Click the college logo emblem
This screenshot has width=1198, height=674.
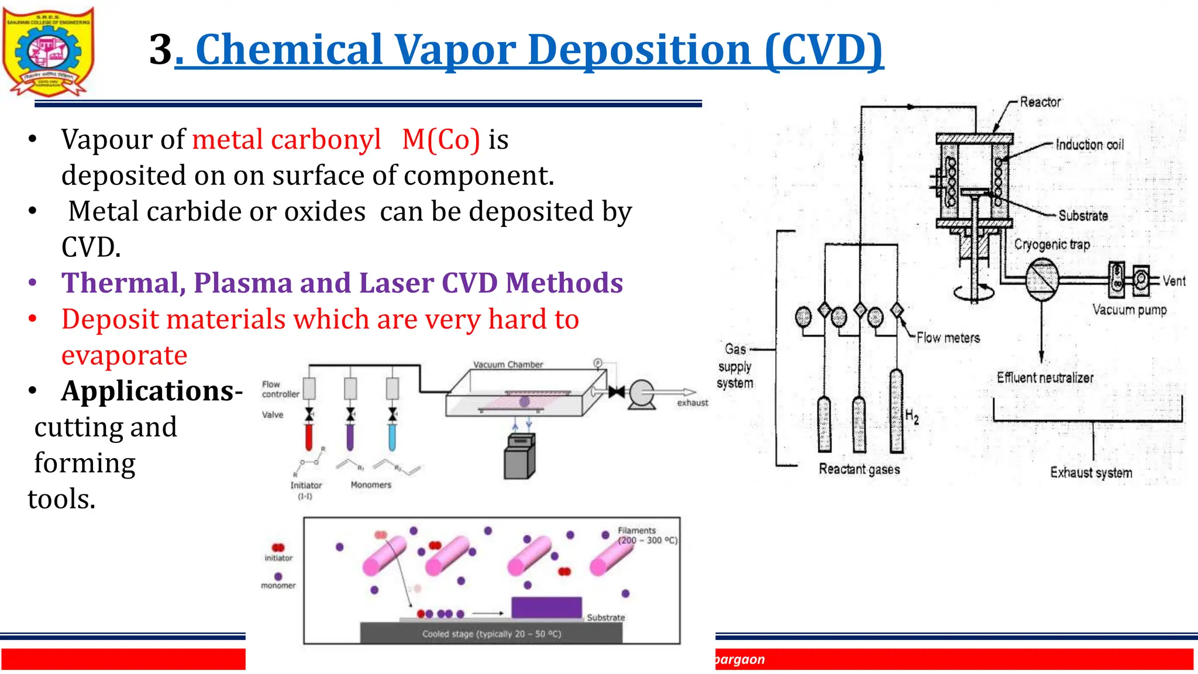click(48, 51)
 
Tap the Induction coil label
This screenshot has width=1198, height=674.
click(1089, 145)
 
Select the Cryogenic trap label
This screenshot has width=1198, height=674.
click(1052, 244)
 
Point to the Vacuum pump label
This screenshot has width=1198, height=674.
click(1129, 310)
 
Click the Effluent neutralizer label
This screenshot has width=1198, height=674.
click(1045, 377)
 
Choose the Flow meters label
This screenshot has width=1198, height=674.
click(948, 338)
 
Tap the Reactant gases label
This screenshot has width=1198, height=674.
click(859, 469)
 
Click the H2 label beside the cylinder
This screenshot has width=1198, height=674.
click(912, 417)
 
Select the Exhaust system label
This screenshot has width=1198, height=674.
click(1090, 472)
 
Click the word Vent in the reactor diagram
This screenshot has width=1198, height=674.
click(1173, 281)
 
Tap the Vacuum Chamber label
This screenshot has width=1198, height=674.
click(508, 364)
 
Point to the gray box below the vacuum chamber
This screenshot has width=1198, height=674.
click(519, 456)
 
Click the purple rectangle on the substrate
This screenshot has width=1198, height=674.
click(546, 607)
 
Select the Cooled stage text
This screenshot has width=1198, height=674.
click(491, 634)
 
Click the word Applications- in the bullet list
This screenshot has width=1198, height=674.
click(152, 391)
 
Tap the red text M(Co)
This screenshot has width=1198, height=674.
click(441, 139)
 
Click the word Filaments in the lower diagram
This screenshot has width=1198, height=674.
click(636, 530)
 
